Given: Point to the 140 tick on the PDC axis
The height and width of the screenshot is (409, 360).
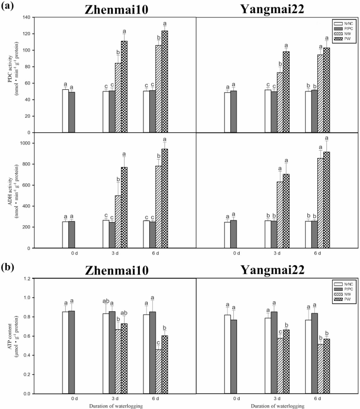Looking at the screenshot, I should (25, 17).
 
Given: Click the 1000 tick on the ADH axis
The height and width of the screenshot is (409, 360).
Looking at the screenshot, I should (24, 143).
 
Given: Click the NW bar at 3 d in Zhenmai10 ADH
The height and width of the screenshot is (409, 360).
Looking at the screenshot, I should (118, 221).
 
